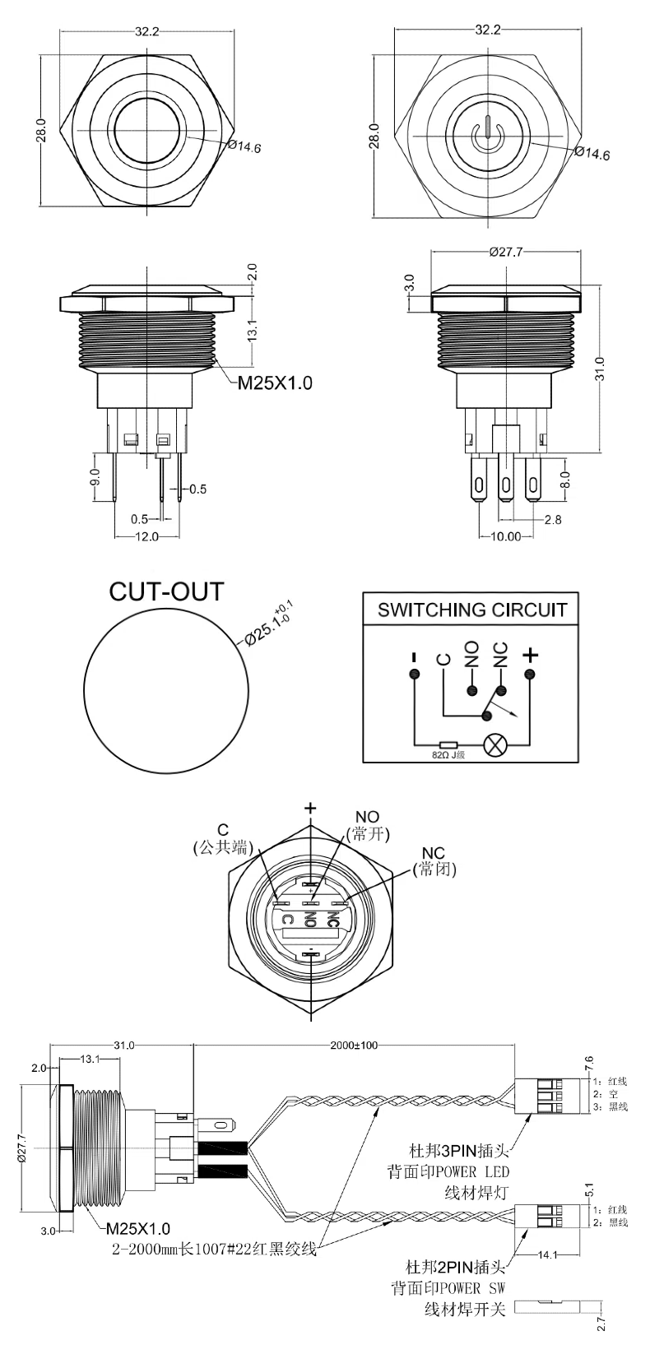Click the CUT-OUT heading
tap(166, 591)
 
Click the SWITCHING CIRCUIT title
tap(471, 610)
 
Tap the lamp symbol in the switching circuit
tap(495, 743)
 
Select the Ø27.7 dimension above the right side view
tap(505, 253)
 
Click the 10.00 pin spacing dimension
tap(506, 536)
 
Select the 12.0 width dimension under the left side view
tap(146, 536)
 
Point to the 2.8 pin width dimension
tap(553, 520)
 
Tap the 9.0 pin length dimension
tap(95, 477)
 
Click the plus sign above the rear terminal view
tap(310, 809)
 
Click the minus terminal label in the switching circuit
tap(414, 657)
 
